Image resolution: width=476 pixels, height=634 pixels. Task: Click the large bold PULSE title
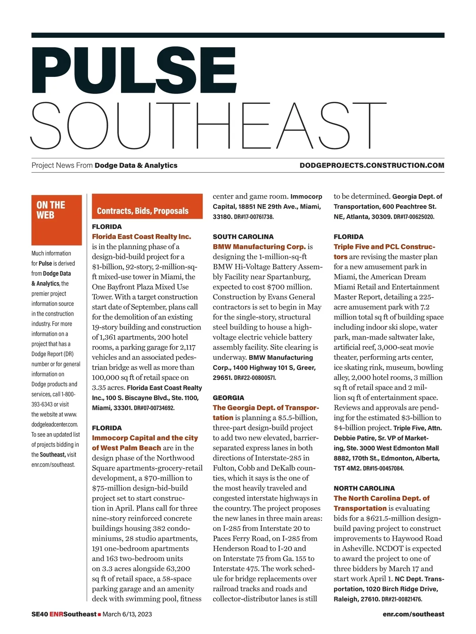point(134,71)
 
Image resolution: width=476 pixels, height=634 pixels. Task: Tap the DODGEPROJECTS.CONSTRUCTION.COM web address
point(372,165)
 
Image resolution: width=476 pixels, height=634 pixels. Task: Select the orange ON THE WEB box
point(56,220)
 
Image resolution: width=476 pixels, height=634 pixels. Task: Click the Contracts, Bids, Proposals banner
point(147,206)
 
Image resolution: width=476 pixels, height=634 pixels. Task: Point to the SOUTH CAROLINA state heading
point(243,237)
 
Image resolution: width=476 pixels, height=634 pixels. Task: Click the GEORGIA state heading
point(228,397)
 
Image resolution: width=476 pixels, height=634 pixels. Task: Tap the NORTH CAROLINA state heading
point(364,488)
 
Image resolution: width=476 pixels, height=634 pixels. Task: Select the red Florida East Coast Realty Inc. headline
point(141,237)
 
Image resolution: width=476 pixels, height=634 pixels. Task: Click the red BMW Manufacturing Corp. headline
point(259,246)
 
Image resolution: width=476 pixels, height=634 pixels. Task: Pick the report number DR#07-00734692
point(154,408)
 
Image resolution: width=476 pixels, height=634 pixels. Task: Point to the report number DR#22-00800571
point(255,378)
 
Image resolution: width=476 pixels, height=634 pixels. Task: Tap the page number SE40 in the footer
point(40,614)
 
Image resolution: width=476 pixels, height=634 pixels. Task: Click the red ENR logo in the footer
point(56,614)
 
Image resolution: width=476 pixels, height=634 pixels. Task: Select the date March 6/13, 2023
point(127,614)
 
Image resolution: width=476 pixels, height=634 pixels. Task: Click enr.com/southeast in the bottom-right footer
point(413,614)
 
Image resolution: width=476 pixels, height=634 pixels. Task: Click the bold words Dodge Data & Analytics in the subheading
point(136,165)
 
